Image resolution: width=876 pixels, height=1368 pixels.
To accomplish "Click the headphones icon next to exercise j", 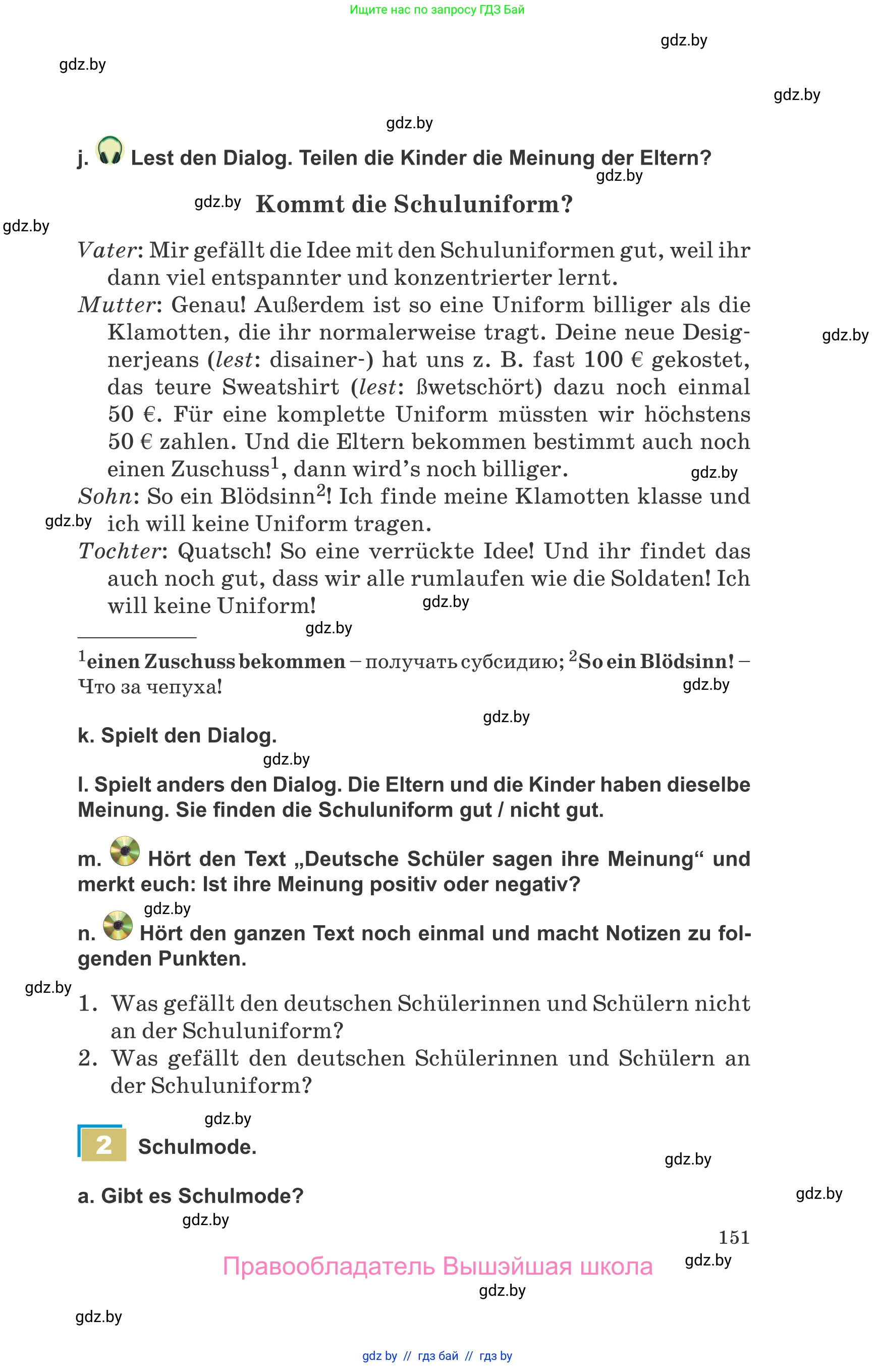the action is (110, 151).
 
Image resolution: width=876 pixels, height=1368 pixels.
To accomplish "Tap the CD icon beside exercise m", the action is (125, 851).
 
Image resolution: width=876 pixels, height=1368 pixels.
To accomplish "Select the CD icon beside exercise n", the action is (118, 926).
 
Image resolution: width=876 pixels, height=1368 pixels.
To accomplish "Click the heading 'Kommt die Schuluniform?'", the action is (414, 205).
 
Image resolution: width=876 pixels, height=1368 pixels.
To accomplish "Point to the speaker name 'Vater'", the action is (107, 250).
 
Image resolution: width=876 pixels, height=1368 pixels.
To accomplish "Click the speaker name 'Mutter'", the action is (117, 305).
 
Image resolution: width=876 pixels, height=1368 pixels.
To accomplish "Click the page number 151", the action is (734, 1237).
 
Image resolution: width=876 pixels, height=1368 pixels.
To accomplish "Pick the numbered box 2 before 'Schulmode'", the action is (103, 1145).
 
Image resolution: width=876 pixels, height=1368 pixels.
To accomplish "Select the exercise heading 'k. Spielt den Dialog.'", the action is (177, 736).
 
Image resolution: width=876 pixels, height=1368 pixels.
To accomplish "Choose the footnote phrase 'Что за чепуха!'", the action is (149, 687).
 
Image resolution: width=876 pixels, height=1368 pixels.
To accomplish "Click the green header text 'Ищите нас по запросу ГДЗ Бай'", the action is (437, 10).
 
